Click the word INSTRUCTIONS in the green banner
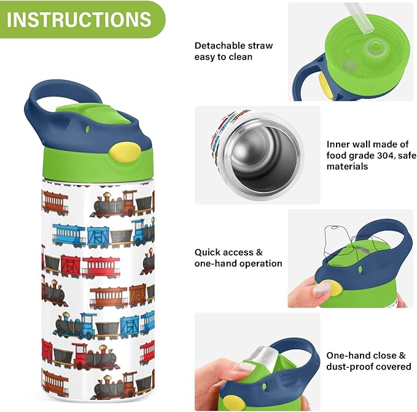(x=79, y=19)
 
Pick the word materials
(x=347, y=167)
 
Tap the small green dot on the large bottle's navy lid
(x=87, y=129)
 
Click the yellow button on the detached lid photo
(x=325, y=84)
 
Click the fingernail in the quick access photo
(x=322, y=289)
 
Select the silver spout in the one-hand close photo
(x=264, y=356)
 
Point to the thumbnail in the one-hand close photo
(x=246, y=368)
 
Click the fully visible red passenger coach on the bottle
(x=101, y=267)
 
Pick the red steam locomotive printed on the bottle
(x=95, y=356)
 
